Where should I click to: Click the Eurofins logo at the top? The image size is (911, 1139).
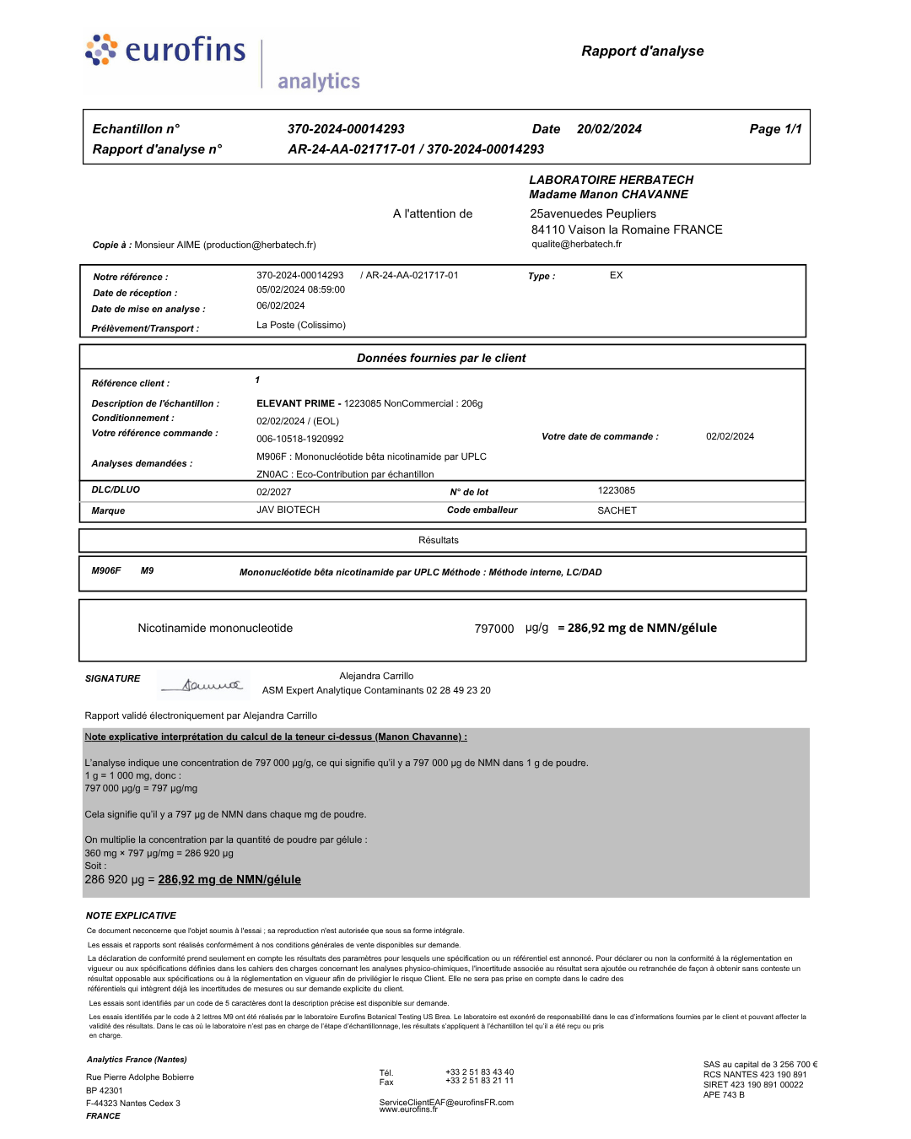166,51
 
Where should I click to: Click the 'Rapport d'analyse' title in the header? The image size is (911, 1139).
642,51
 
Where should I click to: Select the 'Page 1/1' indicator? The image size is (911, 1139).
775,129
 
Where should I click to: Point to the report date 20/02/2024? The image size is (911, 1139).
609,129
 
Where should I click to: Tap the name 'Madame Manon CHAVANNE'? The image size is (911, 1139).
608,194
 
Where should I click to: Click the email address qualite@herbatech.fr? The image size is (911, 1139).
576,245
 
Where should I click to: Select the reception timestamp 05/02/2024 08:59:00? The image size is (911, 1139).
300,289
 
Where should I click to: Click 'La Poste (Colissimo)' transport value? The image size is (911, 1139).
300,325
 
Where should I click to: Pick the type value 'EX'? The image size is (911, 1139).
616,275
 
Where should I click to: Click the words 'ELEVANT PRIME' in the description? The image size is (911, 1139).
295,403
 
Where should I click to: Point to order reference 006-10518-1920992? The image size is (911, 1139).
300,439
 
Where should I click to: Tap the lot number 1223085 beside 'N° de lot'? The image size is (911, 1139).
616,490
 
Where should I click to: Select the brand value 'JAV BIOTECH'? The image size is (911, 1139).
288,510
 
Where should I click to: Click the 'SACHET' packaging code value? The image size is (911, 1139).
617,510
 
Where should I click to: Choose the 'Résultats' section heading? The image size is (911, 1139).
439,540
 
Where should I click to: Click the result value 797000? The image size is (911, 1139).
493,629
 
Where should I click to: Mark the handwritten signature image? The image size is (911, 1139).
203,685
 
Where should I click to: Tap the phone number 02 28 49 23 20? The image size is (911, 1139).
458,690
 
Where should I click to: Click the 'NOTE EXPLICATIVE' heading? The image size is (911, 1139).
131,915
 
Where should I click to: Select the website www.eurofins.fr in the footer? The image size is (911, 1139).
408,1109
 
